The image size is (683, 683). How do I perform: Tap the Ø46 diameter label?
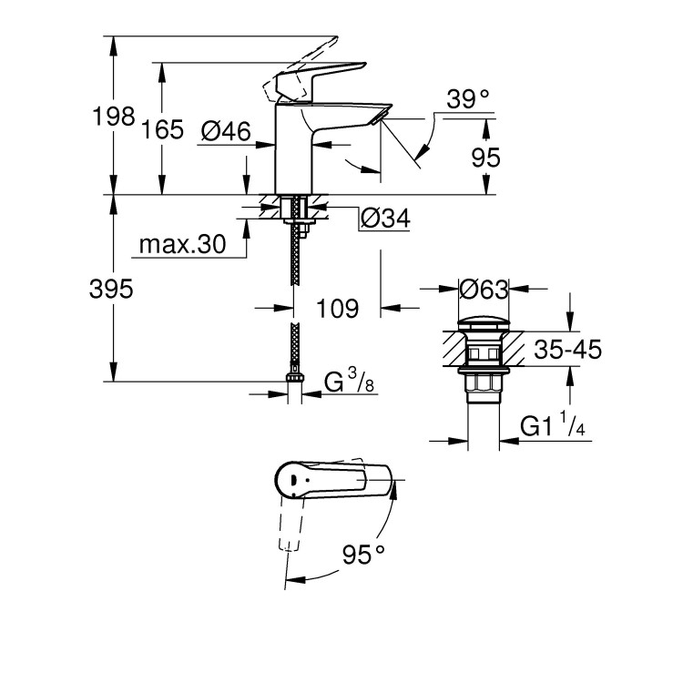[225, 132]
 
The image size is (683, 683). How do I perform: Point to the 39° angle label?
[469, 99]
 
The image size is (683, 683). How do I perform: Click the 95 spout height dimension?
[485, 157]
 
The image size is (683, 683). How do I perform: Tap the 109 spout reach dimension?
[337, 308]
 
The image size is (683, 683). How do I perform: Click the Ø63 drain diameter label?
[483, 290]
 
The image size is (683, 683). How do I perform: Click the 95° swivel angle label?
[363, 552]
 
